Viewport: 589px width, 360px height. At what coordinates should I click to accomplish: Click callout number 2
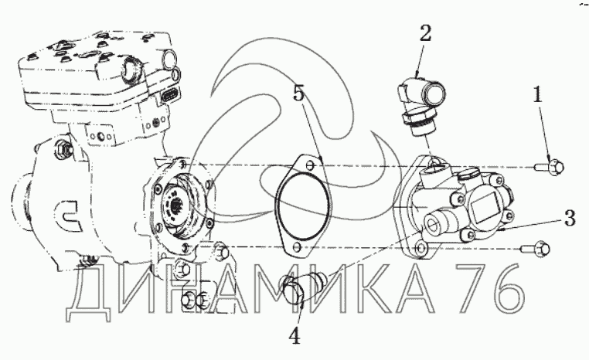pos(425,33)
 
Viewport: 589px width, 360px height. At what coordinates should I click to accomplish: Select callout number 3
pos(570,218)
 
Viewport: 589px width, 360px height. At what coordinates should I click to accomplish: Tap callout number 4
pos(294,337)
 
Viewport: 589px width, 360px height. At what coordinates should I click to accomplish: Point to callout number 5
pos(298,93)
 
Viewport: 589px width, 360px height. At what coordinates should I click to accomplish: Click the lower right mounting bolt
pos(536,249)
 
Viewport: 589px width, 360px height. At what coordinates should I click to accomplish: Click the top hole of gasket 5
pos(309,165)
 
